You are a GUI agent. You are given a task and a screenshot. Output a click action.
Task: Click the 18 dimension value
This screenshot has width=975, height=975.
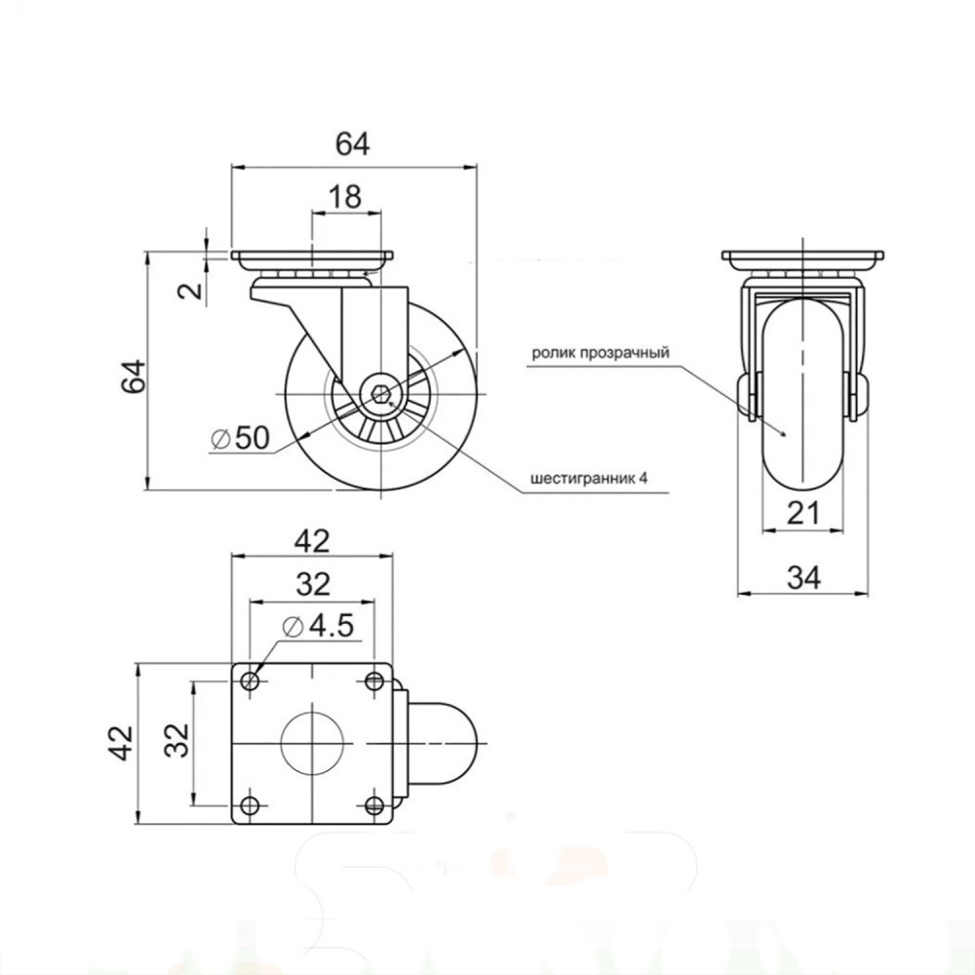pyautogui.click(x=345, y=197)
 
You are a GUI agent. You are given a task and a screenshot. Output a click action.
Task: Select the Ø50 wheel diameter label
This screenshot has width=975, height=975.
pyautogui.click(x=241, y=439)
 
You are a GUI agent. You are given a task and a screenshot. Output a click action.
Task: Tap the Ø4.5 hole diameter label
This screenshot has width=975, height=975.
pyautogui.click(x=318, y=626)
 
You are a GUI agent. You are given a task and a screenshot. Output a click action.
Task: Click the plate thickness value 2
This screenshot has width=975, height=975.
pyautogui.click(x=193, y=290)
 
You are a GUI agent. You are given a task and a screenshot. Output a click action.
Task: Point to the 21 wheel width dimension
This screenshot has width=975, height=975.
pyautogui.click(x=804, y=514)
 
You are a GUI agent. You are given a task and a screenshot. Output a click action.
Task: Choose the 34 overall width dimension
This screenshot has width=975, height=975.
pyautogui.click(x=804, y=577)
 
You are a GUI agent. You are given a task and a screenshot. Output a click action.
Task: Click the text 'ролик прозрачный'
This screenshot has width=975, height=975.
pyautogui.click(x=601, y=353)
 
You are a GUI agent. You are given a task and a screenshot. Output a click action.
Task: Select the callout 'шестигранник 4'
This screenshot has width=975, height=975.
pyautogui.click(x=589, y=479)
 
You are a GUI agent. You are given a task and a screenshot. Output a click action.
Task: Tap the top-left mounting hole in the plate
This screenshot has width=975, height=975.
pyautogui.click(x=250, y=681)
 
